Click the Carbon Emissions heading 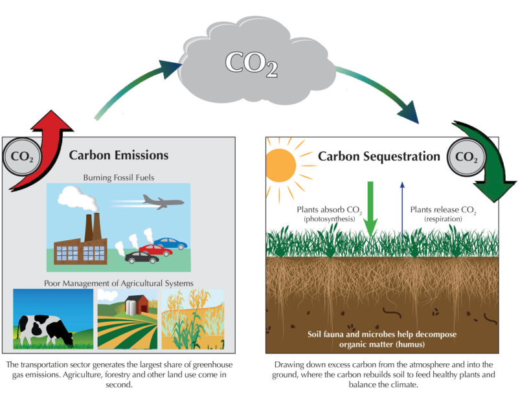pyautogui.click(x=118, y=155)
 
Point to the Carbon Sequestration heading pyautogui.click(x=379, y=157)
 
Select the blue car pyautogui.click(x=170, y=243)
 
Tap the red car pyautogui.click(x=155, y=250)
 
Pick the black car pyautogui.click(x=142, y=258)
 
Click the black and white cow pyautogui.click(x=45, y=330)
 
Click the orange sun pyautogui.click(x=281, y=165)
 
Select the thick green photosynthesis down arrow pyautogui.click(x=370, y=208)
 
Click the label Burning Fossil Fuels pyautogui.click(x=118, y=177)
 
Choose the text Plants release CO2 pyautogui.click(x=443, y=210)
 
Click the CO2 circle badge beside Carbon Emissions pyautogui.click(x=22, y=157)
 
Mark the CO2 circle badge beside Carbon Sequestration pyautogui.click(x=466, y=157)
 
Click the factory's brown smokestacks pyautogui.click(x=93, y=227)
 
